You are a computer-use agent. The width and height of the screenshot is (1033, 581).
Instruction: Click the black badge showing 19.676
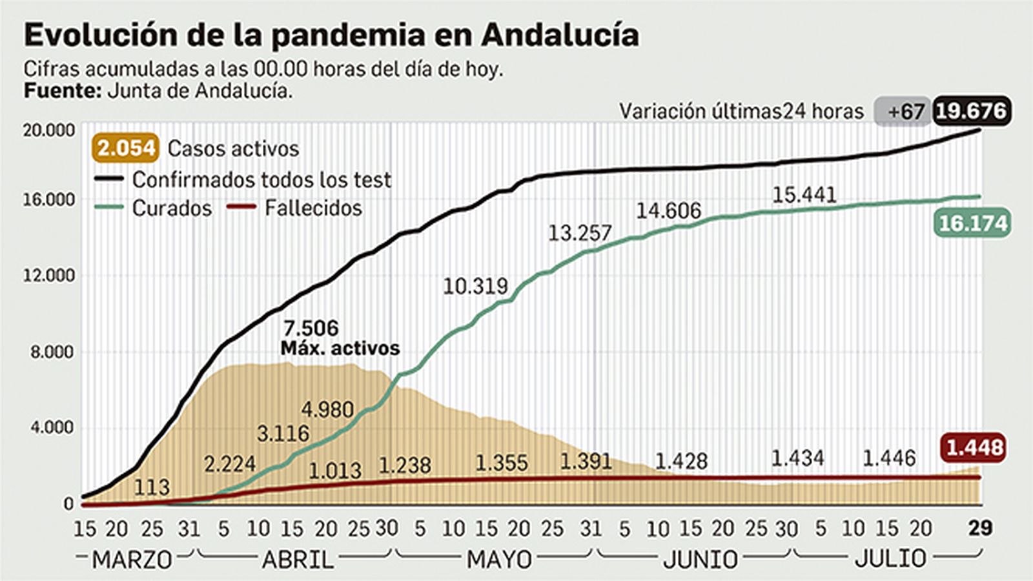coord(971,111)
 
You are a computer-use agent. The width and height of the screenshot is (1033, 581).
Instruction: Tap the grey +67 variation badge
coord(903,112)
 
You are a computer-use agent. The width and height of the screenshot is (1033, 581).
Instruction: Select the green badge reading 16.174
coord(972,223)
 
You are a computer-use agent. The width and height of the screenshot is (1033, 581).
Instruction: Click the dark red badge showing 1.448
coord(974,447)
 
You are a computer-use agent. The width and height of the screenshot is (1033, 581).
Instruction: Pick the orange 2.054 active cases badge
coord(127,148)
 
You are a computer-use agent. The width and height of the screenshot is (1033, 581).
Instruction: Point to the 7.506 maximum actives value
coord(311,328)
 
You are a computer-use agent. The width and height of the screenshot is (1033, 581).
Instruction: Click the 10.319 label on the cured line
coord(475,285)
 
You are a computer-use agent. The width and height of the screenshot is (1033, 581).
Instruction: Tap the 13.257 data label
coord(579,233)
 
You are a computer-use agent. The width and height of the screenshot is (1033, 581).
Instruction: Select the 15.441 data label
coord(804,194)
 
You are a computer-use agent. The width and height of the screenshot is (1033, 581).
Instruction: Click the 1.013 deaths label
coord(334,471)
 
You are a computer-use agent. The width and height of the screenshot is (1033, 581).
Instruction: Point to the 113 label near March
coord(151,487)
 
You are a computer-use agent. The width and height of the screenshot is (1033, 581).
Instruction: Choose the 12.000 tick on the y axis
coord(49,276)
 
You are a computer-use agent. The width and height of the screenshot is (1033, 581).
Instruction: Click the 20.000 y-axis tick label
coord(49,130)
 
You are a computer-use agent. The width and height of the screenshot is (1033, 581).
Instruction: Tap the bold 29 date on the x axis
coord(980,528)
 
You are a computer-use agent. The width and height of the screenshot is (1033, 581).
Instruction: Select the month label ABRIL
coord(298,559)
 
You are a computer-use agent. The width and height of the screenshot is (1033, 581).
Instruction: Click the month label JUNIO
coord(701,559)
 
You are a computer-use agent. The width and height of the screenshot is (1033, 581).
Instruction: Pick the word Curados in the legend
coord(172,208)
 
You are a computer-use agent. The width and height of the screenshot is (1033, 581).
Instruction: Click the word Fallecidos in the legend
coord(313,208)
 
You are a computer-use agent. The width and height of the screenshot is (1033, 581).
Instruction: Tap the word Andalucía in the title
coord(560,35)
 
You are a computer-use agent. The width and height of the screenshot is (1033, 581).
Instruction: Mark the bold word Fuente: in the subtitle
coord(62,90)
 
